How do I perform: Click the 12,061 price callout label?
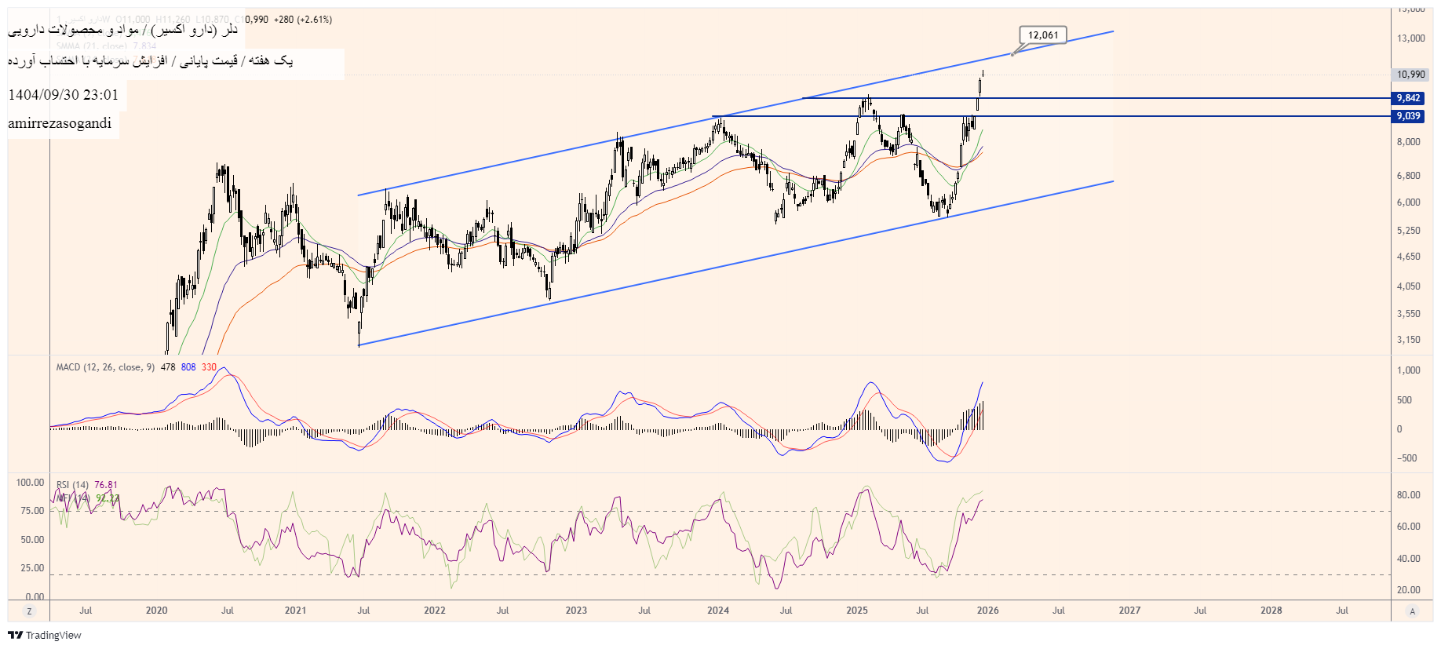[1043, 35]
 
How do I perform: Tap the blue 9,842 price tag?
[1408, 98]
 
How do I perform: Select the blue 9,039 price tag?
[1408, 116]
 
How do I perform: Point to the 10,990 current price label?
[1410, 75]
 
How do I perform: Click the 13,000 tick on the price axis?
[1410, 38]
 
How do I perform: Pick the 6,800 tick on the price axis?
[1408, 176]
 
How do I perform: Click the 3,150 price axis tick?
[1408, 340]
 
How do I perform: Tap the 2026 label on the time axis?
[987, 611]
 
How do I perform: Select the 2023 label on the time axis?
[576, 611]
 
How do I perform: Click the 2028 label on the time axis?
[1271, 611]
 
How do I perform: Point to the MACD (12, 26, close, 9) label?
[105, 367]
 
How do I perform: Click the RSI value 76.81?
[106, 485]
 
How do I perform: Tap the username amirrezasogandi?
[60, 123]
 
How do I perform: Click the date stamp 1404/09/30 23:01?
[64, 95]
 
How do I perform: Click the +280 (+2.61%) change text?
[302, 20]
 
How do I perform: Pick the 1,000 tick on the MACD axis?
[1409, 370]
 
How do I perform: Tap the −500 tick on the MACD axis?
[1406, 458]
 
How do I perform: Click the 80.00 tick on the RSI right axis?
[1408, 495]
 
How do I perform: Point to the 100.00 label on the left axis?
[30, 483]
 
